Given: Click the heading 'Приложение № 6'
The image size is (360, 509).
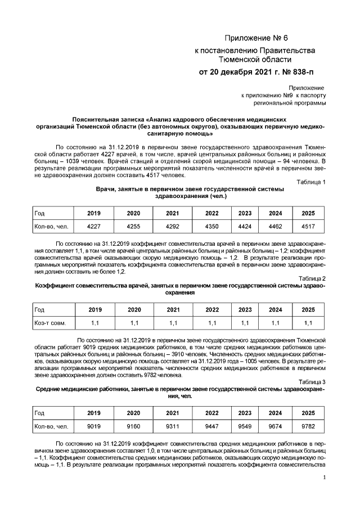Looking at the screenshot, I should (255, 38).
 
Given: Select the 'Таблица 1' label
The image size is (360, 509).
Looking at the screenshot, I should (310, 182).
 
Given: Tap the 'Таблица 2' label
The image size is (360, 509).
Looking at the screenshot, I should (310, 278).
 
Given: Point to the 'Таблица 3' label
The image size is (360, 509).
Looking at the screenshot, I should (310, 382).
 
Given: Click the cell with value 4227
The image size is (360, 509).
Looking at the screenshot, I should (94, 226).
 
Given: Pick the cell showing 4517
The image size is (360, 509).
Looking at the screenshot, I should (308, 226).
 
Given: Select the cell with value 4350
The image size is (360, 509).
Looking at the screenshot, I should (212, 226).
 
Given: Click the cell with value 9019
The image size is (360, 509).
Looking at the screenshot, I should (94, 426).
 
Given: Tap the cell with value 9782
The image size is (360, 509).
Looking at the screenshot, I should (308, 426).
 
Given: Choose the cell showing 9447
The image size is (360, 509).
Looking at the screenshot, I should (212, 426).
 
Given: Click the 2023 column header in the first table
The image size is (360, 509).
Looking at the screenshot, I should (245, 213).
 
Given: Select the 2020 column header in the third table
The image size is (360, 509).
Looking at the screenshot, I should (134, 413).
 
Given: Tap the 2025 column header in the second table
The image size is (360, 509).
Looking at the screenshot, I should (308, 310).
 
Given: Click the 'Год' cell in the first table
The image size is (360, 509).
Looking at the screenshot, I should (40, 213).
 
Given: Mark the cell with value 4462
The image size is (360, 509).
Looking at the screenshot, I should (276, 226).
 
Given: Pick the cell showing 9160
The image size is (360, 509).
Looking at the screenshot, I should (134, 426).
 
